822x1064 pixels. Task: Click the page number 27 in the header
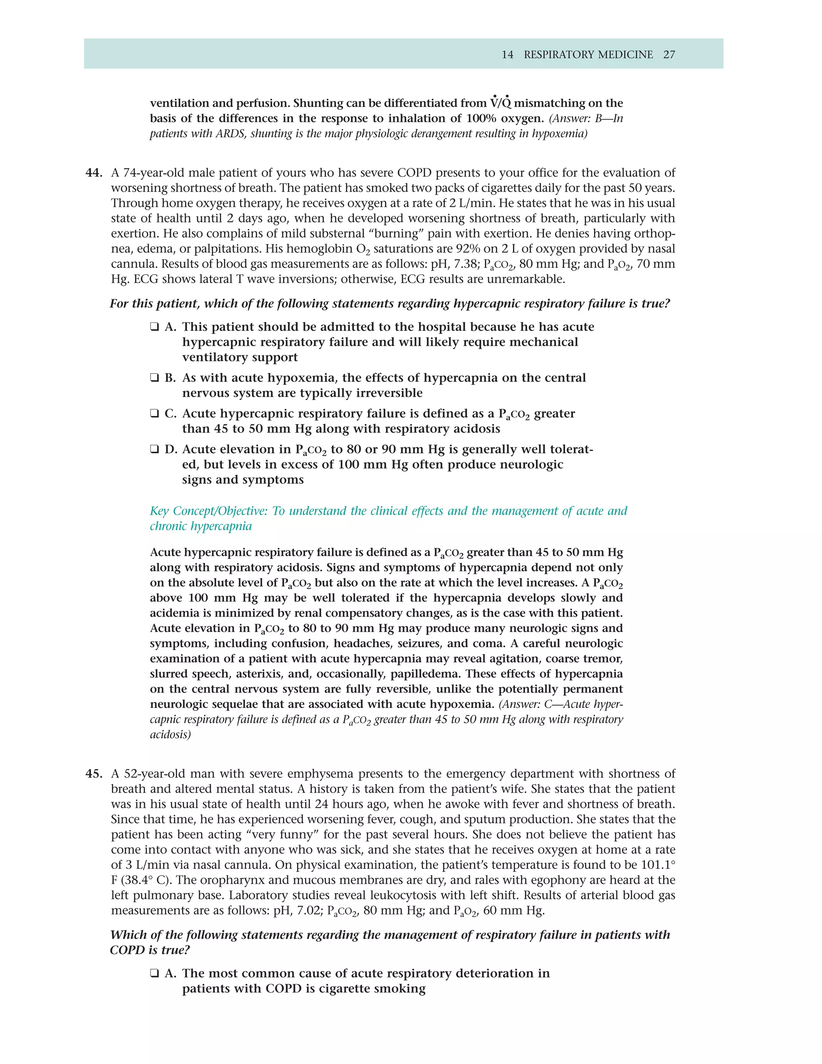point(669,55)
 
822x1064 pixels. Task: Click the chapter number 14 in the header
point(507,55)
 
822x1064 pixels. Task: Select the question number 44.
point(94,173)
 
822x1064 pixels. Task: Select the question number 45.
point(94,774)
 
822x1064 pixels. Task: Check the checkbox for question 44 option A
point(155,327)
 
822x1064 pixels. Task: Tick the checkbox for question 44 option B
point(155,378)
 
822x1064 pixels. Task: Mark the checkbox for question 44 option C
point(155,414)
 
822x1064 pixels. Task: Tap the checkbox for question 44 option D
point(155,449)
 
